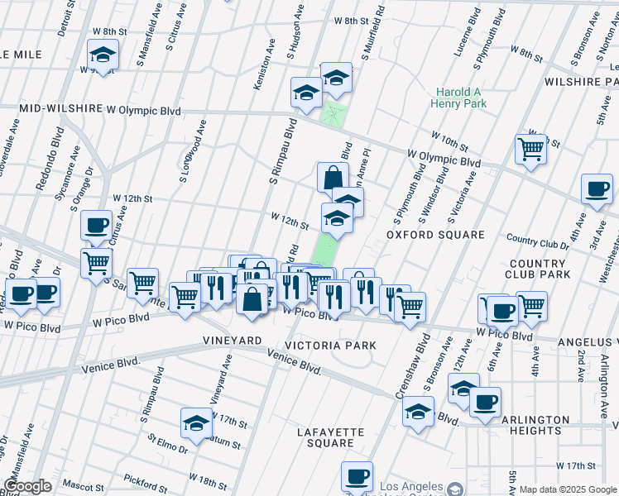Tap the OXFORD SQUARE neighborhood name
click(435, 235)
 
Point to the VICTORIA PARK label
click(330, 345)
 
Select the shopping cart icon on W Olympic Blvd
click(530, 149)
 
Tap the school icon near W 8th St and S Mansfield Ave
click(103, 55)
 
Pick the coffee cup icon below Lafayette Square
click(357, 475)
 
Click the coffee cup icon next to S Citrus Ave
click(96, 224)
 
